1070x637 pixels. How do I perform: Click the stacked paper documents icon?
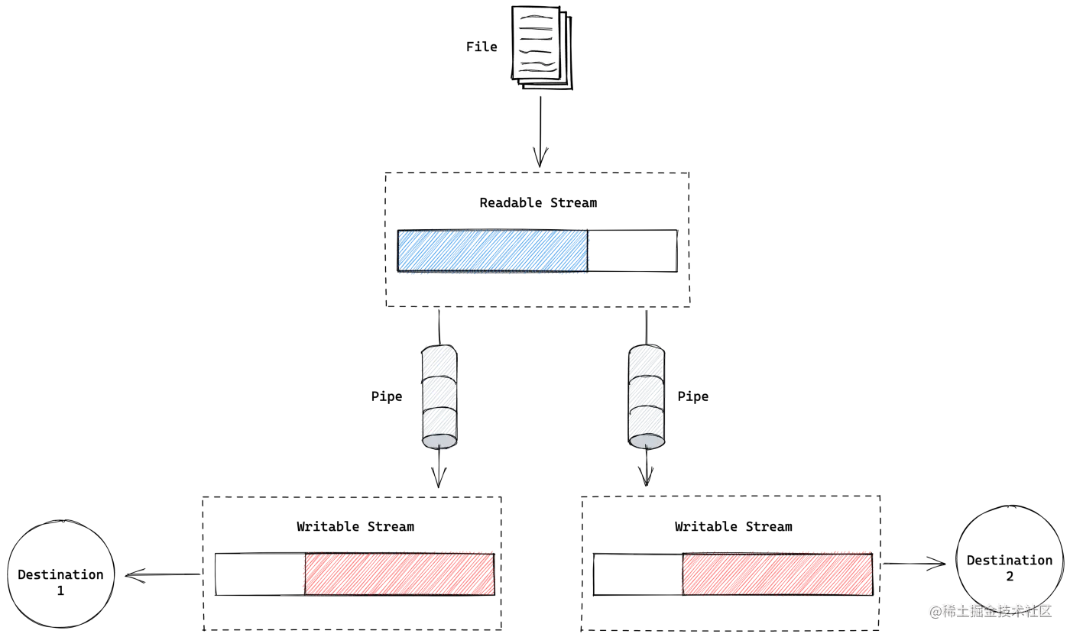pyautogui.click(x=542, y=48)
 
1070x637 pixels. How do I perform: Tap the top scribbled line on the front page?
pyautogui.click(x=535, y=16)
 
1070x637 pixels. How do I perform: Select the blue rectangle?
pyautogui.click(x=493, y=251)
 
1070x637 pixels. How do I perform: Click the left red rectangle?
pyautogui.click(x=399, y=573)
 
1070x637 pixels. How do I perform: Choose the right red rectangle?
pyautogui.click(x=777, y=574)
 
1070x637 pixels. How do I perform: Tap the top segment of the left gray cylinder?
pyautogui.click(x=439, y=361)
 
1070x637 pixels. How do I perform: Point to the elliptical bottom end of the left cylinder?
pyautogui.click(x=439, y=441)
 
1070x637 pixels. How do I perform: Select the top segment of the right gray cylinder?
pyautogui.click(x=647, y=361)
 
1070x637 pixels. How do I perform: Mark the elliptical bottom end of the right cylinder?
pyautogui.click(x=647, y=441)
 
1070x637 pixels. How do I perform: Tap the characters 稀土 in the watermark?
pyautogui.click(x=955, y=610)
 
